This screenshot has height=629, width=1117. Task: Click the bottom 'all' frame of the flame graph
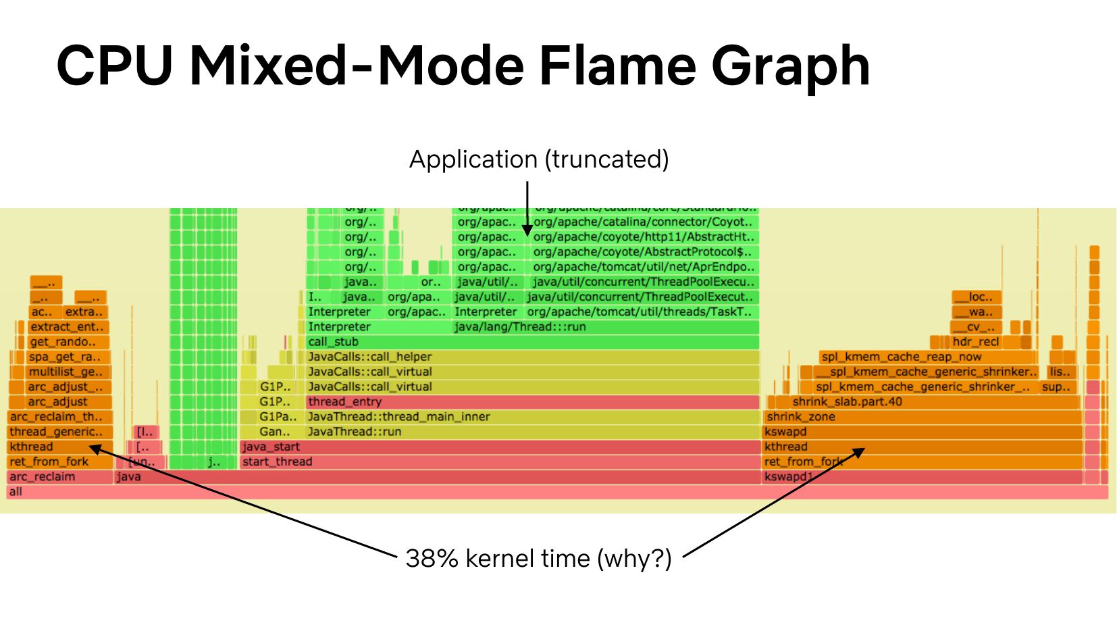[557, 492]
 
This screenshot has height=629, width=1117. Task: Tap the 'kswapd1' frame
[923, 477]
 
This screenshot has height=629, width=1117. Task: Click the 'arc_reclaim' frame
[59, 477]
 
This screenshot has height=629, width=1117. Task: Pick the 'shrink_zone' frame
[923, 417]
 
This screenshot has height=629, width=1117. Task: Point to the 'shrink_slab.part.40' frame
[923, 402]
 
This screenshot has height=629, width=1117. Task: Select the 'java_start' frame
[500, 447]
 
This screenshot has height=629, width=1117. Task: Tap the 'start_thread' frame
[500, 462]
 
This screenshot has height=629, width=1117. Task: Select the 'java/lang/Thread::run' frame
[605, 327]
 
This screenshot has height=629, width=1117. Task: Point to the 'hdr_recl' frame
[975, 342]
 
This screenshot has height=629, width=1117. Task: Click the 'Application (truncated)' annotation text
[539, 159]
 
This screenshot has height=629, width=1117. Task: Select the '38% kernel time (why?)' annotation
[539, 559]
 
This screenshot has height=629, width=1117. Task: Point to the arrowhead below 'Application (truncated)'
[527, 230]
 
